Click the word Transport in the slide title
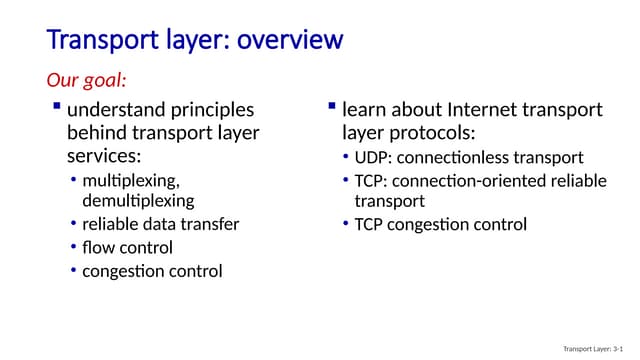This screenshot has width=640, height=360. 95,40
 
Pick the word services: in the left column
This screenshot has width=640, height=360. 104,157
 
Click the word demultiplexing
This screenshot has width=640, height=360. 138,200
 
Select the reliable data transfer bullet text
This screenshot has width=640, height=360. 160,224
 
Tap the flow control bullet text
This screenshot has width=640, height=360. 127,247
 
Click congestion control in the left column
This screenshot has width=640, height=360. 152,271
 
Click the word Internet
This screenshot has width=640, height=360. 472,110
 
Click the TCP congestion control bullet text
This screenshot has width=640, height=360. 441,224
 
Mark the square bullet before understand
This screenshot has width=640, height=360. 57,107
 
